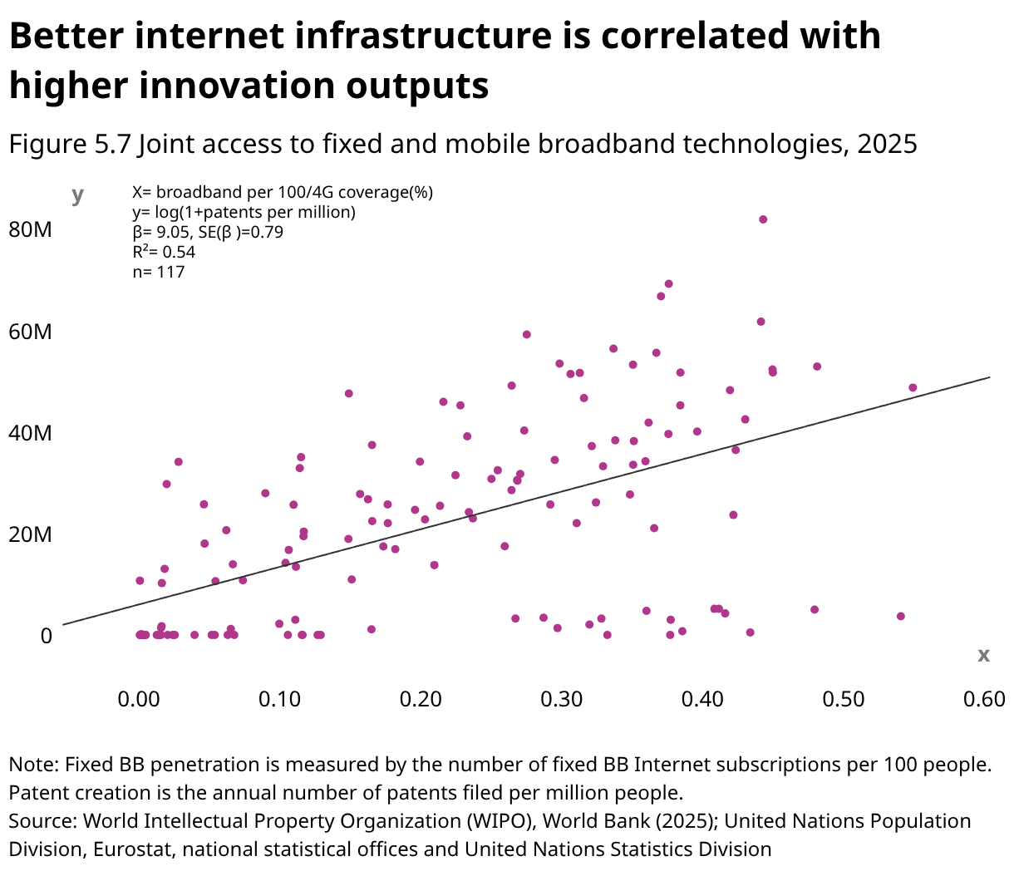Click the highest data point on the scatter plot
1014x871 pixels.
click(x=763, y=219)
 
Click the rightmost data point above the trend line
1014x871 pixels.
click(x=913, y=387)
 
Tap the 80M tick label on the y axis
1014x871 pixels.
click(x=30, y=230)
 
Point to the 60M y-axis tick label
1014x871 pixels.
click(x=30, y=332)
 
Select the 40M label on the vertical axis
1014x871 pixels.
click(x=30, y=434)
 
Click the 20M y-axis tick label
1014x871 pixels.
click(x=30, y=534)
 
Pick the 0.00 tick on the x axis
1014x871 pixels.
click(x=139, y=699)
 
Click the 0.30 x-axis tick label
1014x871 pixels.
click(x=562, y=699)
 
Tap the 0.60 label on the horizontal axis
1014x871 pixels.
click(x=984, y=699)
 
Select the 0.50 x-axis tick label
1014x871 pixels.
click(x=844, y=699)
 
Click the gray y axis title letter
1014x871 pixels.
click(x=77, y=195)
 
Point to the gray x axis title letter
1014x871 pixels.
click(x=983, y=655)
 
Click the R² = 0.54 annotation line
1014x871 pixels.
click(x=164, y=252)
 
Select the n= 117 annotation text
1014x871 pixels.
click(x=159, y=272)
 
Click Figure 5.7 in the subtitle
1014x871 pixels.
click(x=69, y=144)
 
